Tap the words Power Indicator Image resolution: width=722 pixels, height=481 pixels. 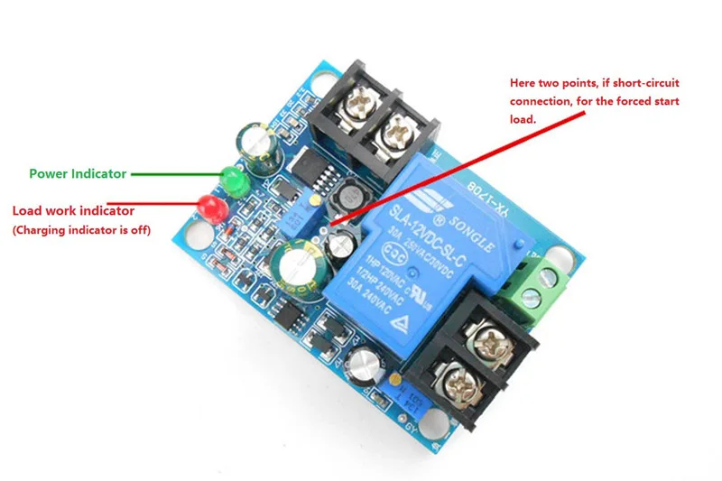coord(78,173)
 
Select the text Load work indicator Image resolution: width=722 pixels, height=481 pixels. coord(73,210)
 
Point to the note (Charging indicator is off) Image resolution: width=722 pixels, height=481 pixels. coord(80,231)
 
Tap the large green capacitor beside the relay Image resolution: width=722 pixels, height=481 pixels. coord(297,268)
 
